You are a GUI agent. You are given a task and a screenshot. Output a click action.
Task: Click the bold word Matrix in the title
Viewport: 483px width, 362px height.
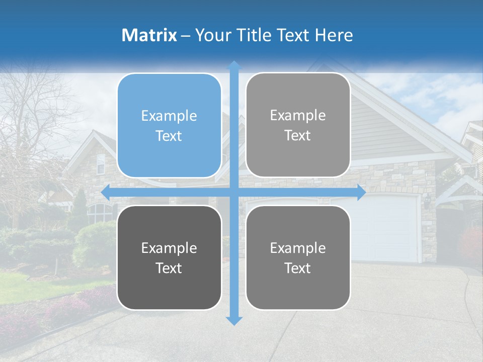(149, 35)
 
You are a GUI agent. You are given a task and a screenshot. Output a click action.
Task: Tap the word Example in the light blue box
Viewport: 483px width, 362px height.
(169, 116)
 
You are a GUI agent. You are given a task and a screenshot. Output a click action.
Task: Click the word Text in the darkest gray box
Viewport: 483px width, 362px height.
(169, 268)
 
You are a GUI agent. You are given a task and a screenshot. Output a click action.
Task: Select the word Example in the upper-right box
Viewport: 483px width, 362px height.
(298, 116)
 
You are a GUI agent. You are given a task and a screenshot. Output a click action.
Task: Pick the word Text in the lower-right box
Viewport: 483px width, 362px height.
(298, 268)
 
